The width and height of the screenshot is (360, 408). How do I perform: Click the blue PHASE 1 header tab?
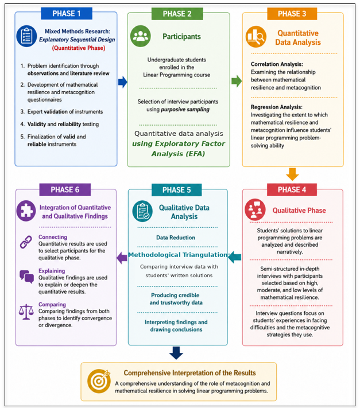click(x=67, y=14)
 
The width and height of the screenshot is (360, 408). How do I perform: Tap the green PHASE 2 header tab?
click(x=177, y=14)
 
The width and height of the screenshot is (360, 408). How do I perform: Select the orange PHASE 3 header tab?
click(x=292, y=14)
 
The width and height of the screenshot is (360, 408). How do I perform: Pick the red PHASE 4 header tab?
click(x=292, y=190)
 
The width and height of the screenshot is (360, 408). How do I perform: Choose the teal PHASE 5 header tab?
click(x=176, y=190)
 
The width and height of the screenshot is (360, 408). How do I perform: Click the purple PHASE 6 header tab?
click(x=65, y=190)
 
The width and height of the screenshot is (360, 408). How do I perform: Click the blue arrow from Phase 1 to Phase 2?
click(x=123, y=82)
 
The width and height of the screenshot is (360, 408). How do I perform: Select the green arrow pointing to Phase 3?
click(x=237, y=81)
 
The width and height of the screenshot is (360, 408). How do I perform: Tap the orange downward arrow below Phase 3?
click(x=292, y=174)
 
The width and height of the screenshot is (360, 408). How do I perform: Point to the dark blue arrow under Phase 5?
click(x=176, y=353)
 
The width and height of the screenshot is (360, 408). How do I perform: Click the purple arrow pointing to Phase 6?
click(x=122, y=258)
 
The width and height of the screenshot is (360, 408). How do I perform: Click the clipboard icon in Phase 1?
click(x=26, y=36)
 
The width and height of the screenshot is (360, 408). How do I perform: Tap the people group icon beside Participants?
click(x=141, y=36)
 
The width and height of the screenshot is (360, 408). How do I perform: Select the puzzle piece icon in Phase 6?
click(x=26, y=211)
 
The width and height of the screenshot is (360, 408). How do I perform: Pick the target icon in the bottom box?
click(x=99, y=381)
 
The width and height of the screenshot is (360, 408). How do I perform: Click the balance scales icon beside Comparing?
click(x=26, y=312)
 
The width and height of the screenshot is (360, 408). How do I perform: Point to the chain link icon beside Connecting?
click(x=26, y=242)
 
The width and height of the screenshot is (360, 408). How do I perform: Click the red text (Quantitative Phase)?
click(x=79, y=48)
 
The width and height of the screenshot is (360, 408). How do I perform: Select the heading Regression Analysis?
click(x=276, y=107)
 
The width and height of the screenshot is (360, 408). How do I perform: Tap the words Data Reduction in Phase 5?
click(x=176, y=238)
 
